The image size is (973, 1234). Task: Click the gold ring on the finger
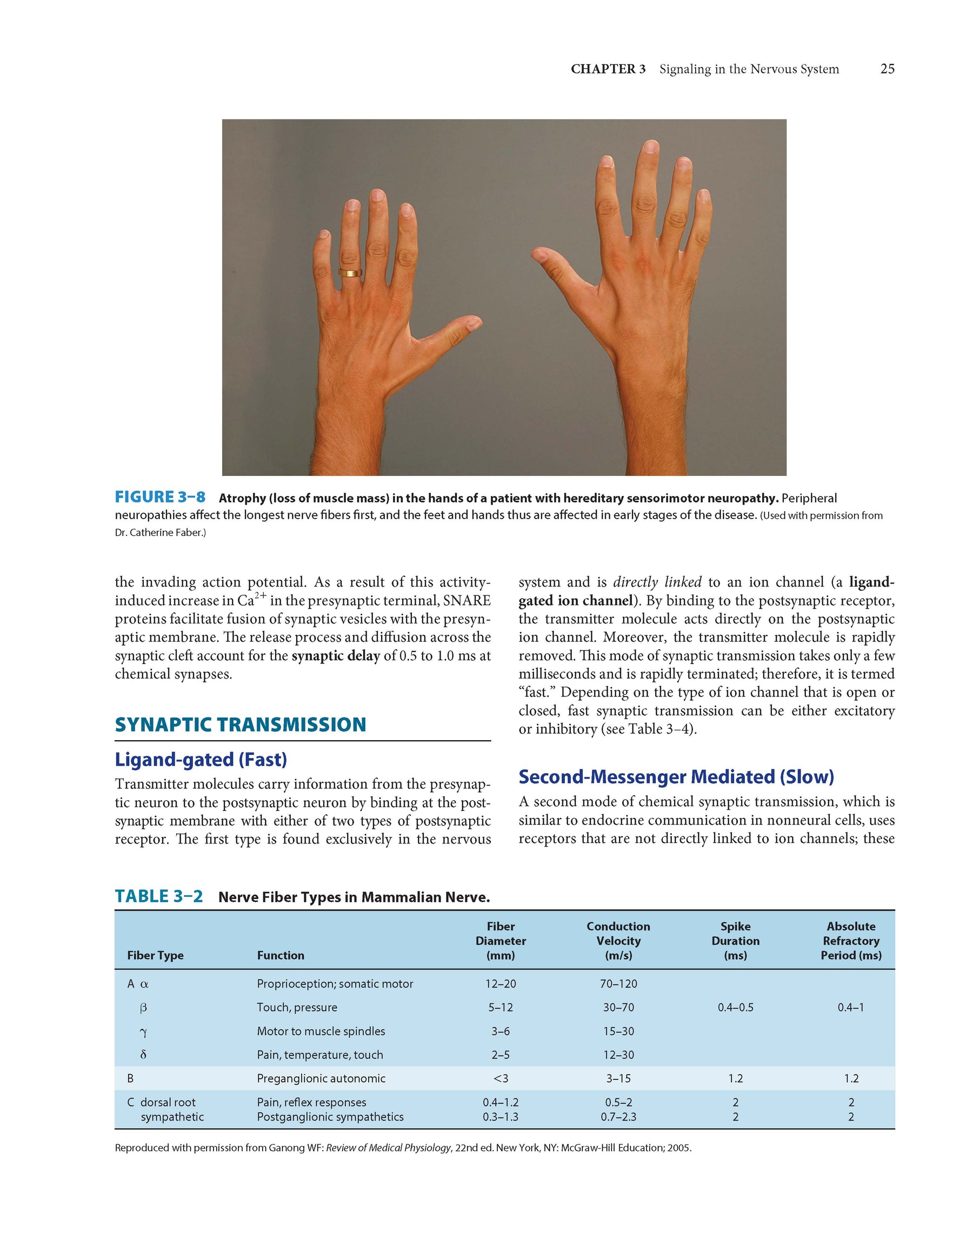(350, 273)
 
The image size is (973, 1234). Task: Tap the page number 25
(887, 69)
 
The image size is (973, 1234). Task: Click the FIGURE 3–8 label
(160, 497)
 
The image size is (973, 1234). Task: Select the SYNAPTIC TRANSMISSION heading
(241, 725)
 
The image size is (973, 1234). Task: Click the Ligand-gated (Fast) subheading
(201, 759)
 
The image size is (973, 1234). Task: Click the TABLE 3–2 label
(158, 896)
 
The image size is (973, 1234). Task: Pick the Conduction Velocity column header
(618, 940)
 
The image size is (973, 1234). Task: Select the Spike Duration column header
(735, 940)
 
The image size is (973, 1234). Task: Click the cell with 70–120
(618, 983)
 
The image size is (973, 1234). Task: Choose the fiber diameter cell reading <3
(500, 1078)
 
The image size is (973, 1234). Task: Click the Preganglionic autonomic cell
(321, 1078)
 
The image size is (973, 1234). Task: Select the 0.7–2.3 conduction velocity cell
(618, 1117)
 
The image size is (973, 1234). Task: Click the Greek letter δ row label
(144, 1055)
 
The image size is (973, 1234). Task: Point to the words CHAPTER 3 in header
(608, 69)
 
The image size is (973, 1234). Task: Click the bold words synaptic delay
(336, 655)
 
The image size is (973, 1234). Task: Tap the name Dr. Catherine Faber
(159, 534)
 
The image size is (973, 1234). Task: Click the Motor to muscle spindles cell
(321, 1031)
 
